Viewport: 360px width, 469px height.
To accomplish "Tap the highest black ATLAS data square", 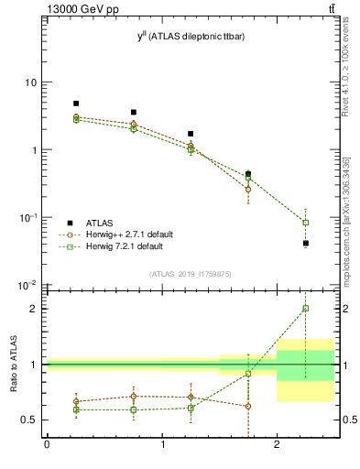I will tap(76, 104).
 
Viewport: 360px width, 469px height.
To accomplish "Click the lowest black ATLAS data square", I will tap(306, 243).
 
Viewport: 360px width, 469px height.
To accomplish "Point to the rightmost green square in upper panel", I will tap(306, 223).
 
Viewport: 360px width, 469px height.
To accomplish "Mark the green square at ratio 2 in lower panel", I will tap(306, 309).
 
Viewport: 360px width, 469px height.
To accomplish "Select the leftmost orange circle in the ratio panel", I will tap(76, 401).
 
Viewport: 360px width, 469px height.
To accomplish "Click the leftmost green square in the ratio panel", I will tap(76, 409).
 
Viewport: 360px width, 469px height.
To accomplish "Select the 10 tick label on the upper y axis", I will tap(30, 82).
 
